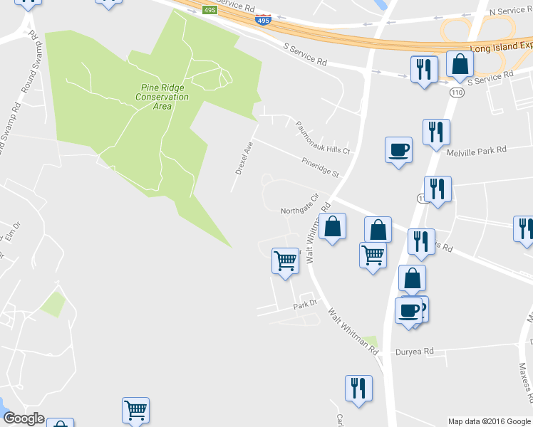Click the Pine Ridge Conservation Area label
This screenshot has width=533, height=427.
click(162, 97)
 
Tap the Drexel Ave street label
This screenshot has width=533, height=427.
click(244, 157)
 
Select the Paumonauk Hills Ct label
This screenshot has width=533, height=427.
click(324, 137)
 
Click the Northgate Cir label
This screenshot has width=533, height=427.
click(299, 211)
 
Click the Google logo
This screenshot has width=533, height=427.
click(24, 418)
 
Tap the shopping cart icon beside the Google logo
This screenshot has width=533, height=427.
click(135, 409)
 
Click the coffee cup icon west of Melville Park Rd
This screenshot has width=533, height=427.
click(398, 150)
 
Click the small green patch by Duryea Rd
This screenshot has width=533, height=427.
click(369, 341)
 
